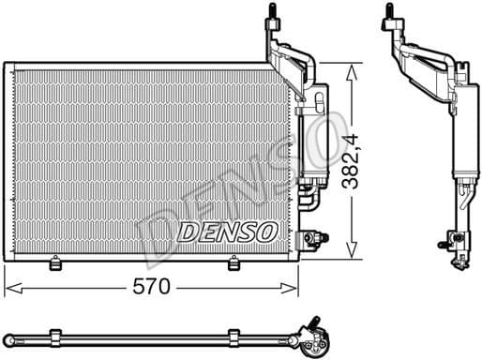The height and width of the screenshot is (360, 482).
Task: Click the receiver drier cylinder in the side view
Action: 463,131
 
